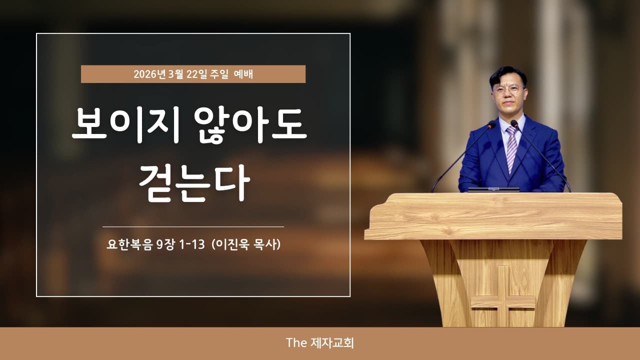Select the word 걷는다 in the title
coord(194,183)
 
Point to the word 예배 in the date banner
coord(243,74)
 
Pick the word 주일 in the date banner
coord(216,74)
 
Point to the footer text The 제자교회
coord(320,343)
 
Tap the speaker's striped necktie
coord(511,147)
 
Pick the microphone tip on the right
coord(514,123)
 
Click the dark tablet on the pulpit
coord(493,190)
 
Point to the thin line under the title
coord(193,227)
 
